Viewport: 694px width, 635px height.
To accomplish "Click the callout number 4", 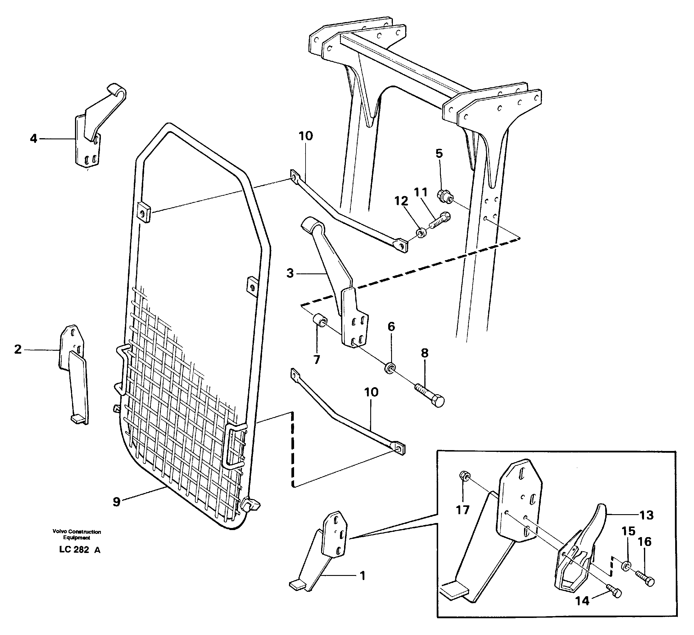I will tap(33, 139).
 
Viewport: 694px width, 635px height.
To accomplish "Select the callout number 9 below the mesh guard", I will tap(117, 502).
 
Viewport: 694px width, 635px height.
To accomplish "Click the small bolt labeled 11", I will tap(439, 220).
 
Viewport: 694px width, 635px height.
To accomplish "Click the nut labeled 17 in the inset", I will tap(463, 476).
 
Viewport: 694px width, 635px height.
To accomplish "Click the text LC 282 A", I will tap(79, 550).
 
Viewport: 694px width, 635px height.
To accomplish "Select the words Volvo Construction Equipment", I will tap(76, 534).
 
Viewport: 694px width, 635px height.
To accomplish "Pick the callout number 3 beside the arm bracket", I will tap(290, 274).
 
